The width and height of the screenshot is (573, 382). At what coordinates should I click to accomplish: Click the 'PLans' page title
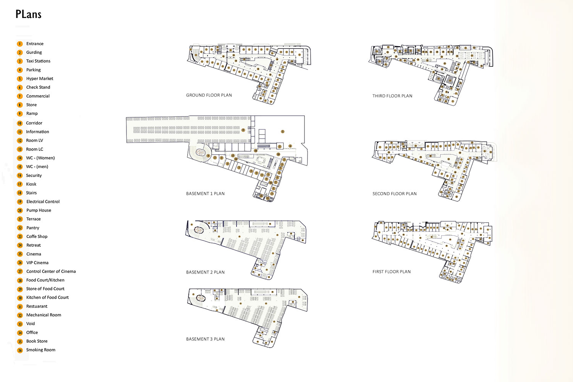[28, 15]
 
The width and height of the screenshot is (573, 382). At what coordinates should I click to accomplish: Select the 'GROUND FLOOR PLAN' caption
[209, 95]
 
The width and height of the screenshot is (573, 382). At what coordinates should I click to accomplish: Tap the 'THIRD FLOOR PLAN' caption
[392, 96]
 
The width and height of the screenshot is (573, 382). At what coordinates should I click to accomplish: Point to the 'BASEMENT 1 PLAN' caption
[205, 194]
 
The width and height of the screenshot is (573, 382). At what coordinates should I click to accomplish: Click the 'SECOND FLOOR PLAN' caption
[394, 194]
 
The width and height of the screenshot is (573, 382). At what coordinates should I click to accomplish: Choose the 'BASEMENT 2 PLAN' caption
[205, 272]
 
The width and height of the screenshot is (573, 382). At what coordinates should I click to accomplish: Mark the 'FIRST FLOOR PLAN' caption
[392, 272]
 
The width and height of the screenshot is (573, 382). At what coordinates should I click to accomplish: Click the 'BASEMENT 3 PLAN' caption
[205, 339]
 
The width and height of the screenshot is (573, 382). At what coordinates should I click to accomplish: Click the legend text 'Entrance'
[35, 44]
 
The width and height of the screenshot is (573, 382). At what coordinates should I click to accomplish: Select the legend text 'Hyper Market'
[40, 79]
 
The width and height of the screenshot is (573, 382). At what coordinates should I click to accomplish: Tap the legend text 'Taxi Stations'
[38, 61]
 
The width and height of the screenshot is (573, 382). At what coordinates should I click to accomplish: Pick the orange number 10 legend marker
[20, 123]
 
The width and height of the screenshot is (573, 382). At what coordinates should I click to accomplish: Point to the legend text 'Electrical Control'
[43, 202]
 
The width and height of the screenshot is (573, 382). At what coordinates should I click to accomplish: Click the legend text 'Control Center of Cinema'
[51, 272]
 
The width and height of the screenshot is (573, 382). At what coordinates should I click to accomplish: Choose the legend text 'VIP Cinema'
[37, 263]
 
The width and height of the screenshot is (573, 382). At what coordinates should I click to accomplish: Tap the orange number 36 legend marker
[20, 350]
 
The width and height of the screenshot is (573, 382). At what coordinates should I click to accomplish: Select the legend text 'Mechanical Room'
[44, 315]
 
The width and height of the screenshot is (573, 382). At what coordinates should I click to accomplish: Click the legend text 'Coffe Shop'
[37, 236]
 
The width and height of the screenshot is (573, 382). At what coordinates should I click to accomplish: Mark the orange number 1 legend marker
[20, 44]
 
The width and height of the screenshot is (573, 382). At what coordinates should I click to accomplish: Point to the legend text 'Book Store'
[37, 342]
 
